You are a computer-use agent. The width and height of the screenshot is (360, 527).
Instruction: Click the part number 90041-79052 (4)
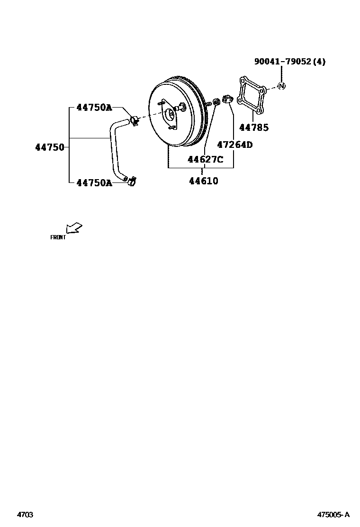(290, 62)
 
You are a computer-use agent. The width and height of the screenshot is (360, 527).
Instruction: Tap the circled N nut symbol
(281, 86)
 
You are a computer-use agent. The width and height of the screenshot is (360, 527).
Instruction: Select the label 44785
(253, 127)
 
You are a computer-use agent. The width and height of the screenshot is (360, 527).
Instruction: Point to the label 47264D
(234, 145)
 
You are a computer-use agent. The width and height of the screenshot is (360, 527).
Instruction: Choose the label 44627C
(205, 159)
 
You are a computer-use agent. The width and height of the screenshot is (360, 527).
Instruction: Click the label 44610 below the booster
(204, 181)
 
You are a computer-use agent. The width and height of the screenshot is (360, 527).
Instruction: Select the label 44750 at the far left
(49, 147)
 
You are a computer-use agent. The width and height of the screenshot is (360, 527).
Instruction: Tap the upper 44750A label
(94, 108)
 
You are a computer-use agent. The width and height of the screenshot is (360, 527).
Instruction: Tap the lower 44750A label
(94, 182)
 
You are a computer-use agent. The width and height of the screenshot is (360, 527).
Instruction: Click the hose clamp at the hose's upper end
(135, 120)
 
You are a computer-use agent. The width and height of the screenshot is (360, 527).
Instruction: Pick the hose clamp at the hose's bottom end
(132, 181)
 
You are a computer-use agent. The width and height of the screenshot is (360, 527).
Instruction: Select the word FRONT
(58, 237)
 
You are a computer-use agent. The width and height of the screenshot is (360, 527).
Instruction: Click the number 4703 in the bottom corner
(25, 514)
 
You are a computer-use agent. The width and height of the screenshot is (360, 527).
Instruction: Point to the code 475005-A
(333, 514)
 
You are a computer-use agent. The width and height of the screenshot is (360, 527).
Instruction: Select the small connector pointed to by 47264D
(226, 100)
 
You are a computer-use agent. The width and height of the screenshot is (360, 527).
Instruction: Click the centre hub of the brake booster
(170, 114)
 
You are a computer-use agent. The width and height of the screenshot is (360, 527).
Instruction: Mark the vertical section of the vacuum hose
(114, 152)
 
